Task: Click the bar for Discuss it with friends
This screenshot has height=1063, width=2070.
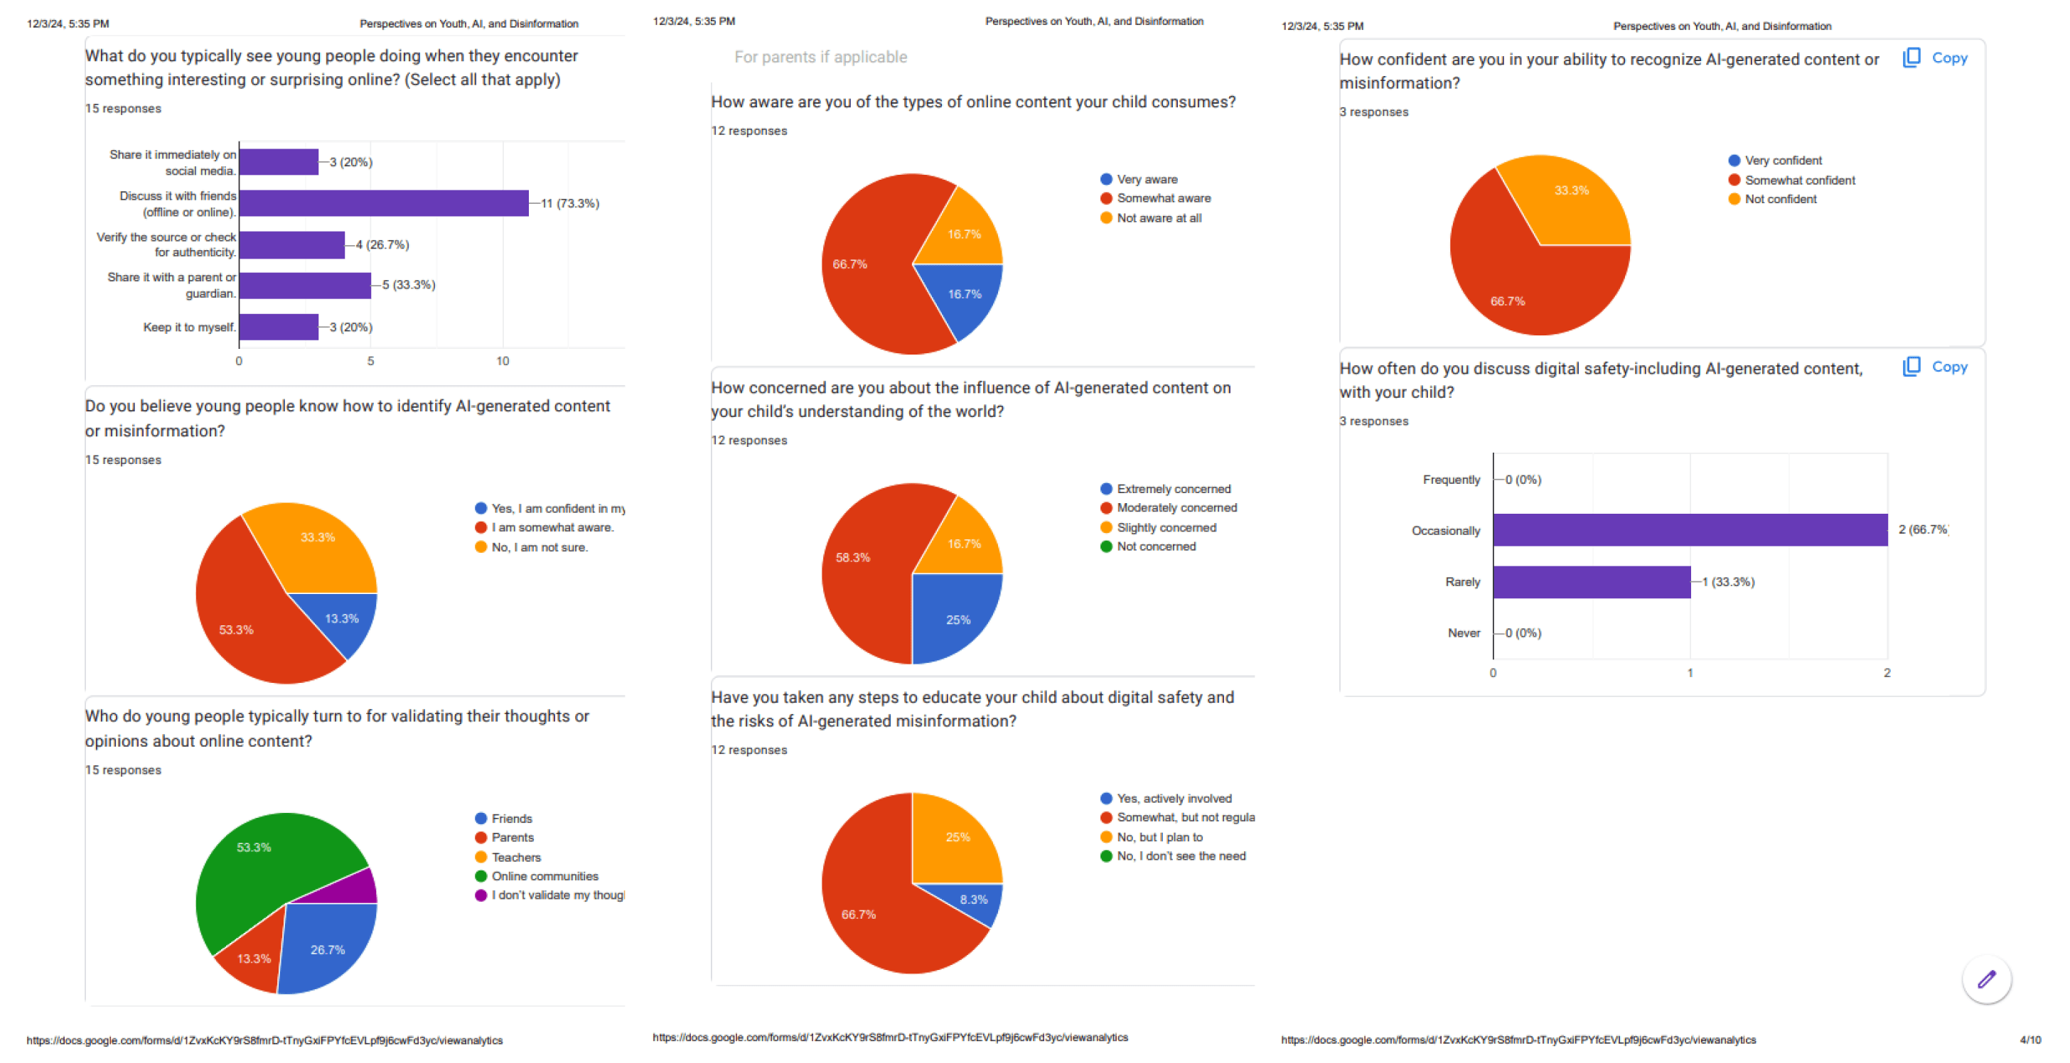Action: coord(383,203)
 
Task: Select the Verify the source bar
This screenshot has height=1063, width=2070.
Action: coord(291,245)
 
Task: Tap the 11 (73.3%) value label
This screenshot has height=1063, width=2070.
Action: coord(569,203)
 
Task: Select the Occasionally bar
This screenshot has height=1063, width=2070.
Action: coord(1689,530)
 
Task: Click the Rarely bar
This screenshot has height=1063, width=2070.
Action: coord(1591,582)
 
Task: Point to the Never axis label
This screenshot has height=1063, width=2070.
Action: coord(1464,633)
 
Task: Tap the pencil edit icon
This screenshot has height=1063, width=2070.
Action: coord(1985,978)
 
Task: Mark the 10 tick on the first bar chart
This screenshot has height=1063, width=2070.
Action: coord(503,362)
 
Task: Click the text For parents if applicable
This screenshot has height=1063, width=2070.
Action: coord(820,57)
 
